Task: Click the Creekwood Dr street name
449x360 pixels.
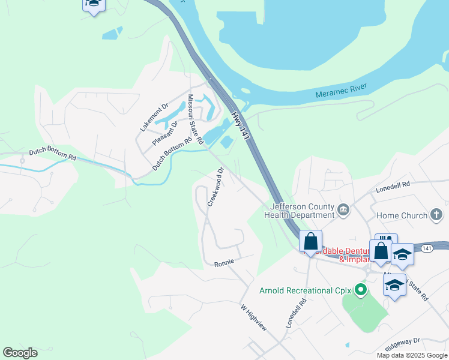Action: click(215, 187)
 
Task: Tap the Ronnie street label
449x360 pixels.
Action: click(223, 263)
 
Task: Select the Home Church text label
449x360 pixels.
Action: click(402, 215)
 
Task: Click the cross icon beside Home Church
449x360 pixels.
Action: click(436, 215)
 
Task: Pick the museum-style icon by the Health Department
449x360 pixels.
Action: click(343, 209)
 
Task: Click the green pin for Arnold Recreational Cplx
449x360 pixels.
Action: click(360, 291)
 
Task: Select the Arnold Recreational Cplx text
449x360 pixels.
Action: click(304, 291)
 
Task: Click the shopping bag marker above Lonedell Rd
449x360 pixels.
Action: click(311, 242)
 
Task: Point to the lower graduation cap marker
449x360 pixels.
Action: click(394, 285)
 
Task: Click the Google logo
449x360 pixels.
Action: click(20, 353)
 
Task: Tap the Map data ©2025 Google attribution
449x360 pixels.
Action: click(411, 355)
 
